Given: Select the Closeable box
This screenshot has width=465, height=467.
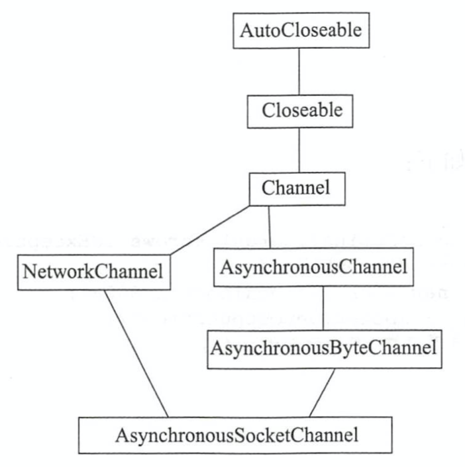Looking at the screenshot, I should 302,110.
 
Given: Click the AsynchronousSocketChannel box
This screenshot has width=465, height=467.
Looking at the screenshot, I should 236,435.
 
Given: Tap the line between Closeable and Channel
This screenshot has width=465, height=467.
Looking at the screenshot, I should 299,150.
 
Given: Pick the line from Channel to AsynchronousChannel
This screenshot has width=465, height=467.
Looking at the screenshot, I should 270,228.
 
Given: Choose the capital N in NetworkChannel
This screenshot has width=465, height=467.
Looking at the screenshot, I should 29,271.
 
